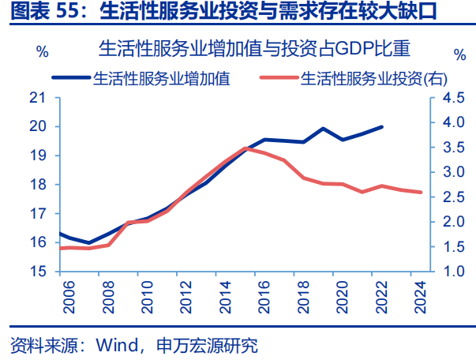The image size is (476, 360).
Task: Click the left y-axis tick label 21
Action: point(39,98)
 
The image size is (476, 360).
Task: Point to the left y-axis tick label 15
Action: point(39,272)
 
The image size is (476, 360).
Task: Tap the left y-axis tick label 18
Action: point(39,185)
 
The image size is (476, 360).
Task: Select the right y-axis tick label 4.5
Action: point(452,98)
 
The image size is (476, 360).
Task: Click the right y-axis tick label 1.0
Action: point(452,272)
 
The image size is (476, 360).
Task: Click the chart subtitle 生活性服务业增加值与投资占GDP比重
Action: point(255,49)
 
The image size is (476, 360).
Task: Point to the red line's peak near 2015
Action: point(245,148)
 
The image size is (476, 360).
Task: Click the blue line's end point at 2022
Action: point(383,126)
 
